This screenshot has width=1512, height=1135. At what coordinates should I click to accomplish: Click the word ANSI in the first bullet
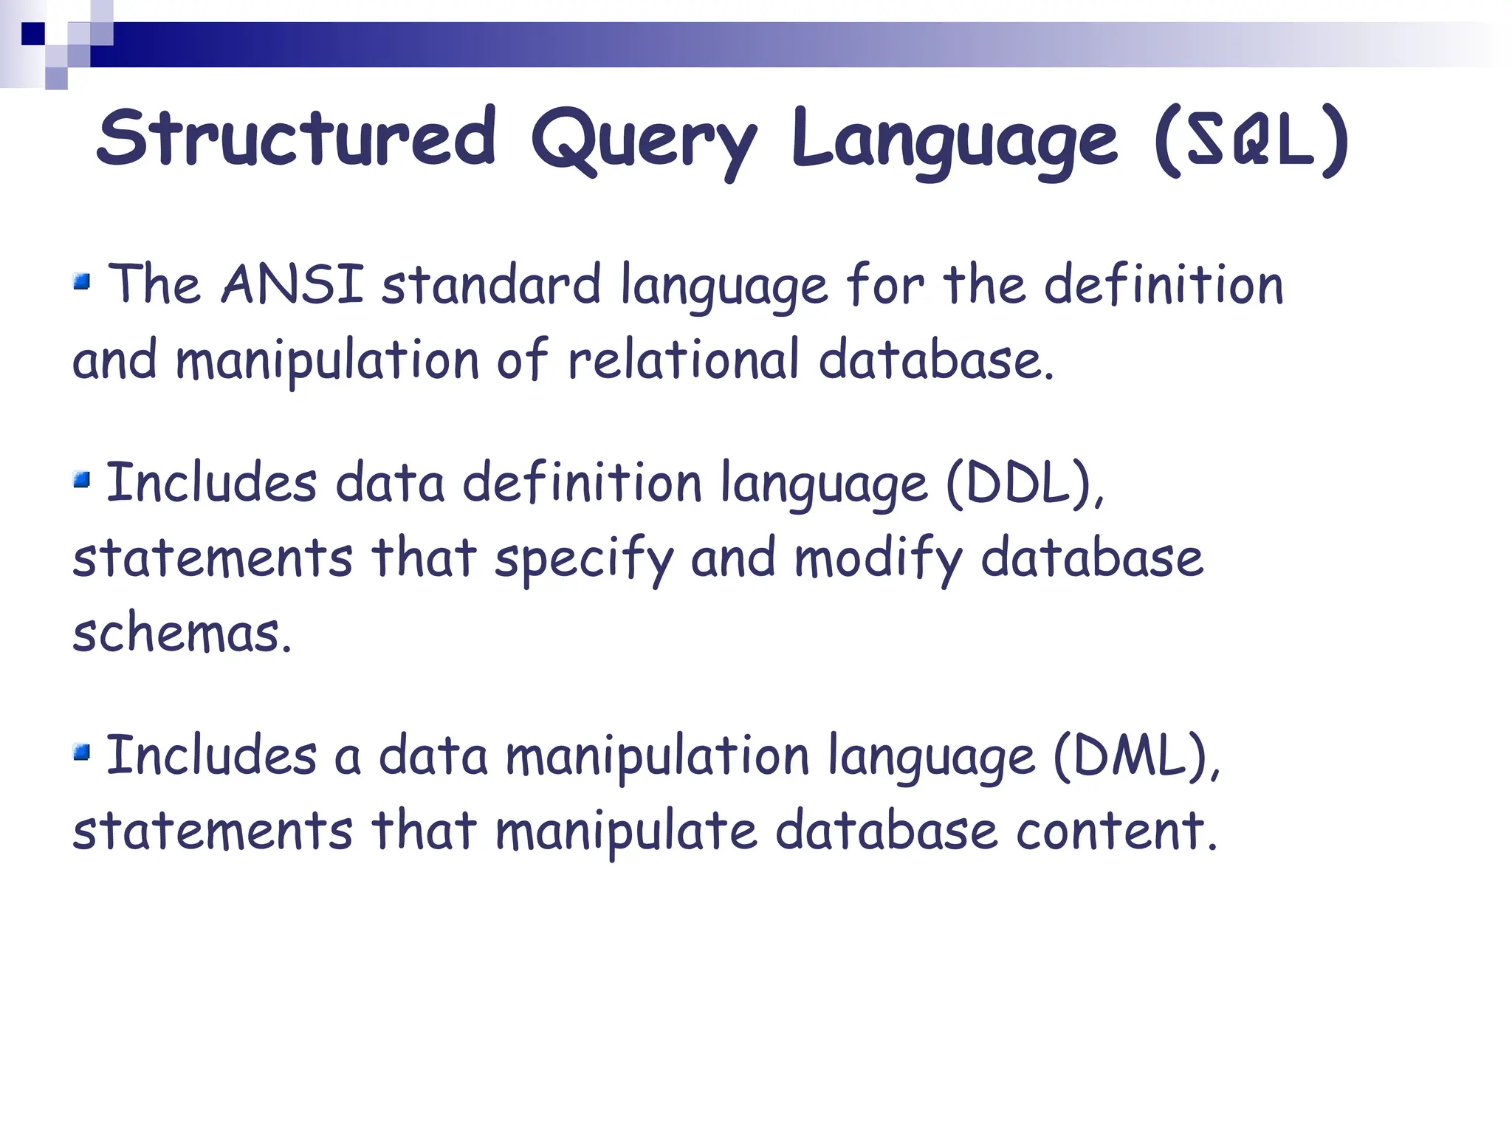coord(292,284)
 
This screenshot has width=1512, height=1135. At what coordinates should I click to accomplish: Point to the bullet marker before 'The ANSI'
coord(81,281)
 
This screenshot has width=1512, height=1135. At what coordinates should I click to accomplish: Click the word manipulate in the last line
coord(626,831)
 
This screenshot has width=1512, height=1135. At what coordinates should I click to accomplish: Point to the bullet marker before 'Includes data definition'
coord(81,481)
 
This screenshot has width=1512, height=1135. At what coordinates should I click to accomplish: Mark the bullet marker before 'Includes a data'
coord(81,752)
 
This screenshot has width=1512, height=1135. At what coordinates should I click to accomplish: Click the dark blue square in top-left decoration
coord(32,34)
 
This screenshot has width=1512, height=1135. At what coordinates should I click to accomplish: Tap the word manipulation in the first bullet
coord(327,360)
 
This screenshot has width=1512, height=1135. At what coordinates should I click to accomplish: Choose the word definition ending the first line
coord(1164,284)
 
